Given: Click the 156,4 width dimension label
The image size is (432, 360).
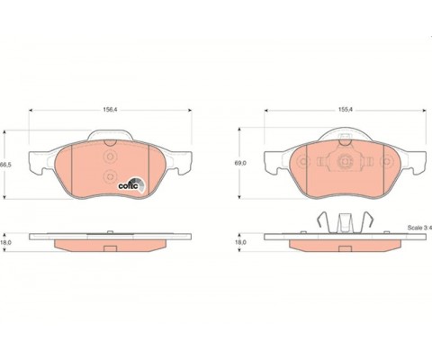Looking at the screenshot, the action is pos(110,110).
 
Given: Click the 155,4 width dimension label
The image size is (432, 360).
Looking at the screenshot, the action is pos(345,110).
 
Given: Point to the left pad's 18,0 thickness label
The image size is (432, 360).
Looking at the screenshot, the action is pos(6,242).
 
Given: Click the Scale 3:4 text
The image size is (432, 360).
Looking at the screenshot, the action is pos(419,228).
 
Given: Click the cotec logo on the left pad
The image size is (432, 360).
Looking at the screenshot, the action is pos(131,184).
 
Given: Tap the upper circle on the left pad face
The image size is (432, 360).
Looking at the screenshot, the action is pos(110,157).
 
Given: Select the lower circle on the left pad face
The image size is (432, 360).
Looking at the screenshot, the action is pos(110,176).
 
